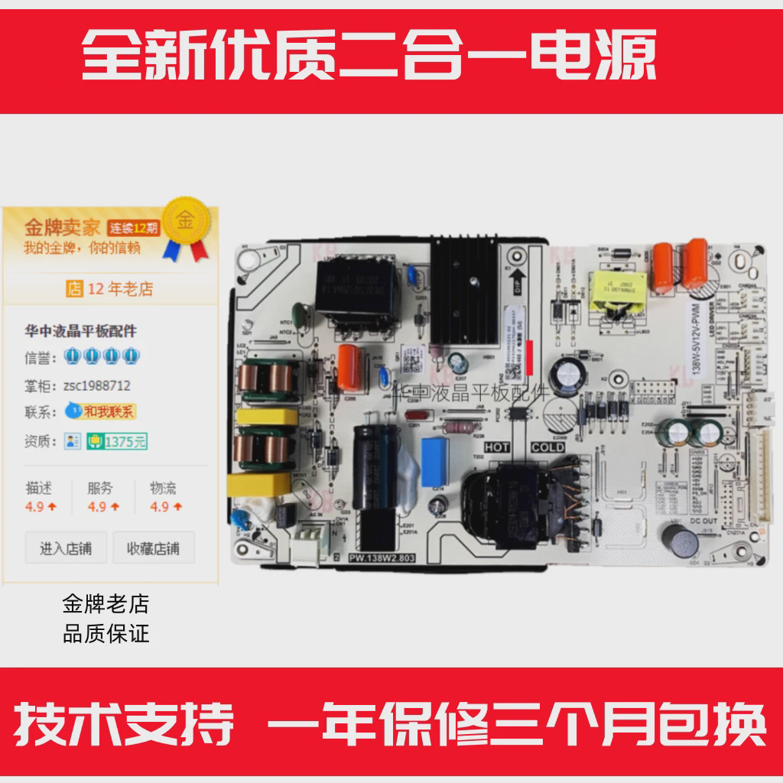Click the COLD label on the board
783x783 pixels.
click(x=547, y=447)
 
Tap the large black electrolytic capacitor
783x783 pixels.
click(x=375, y=466)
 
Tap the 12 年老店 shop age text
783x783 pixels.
click(x=111, y=289)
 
